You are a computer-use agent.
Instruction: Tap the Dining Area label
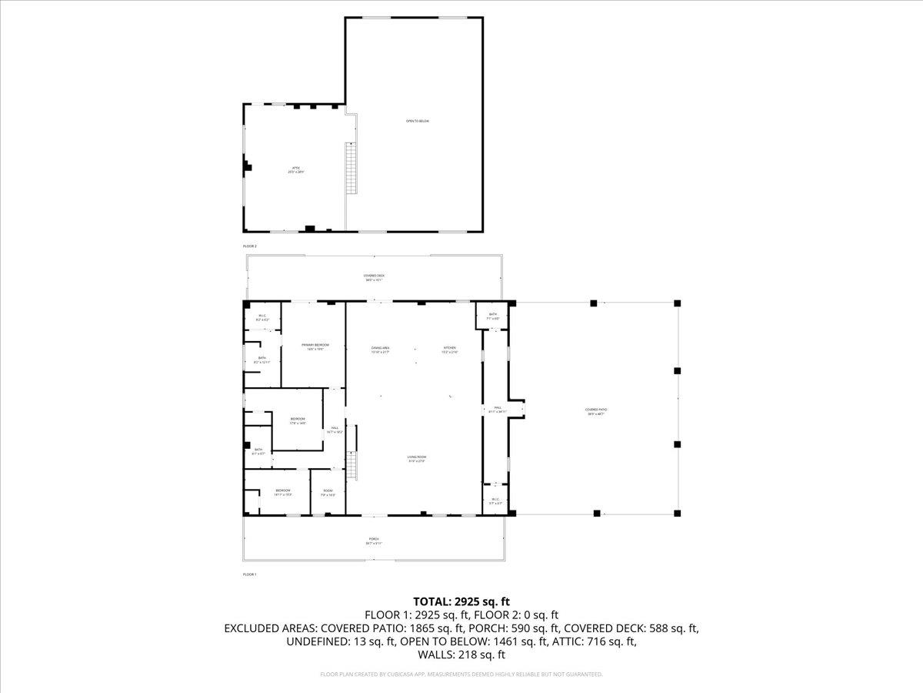(380, 350)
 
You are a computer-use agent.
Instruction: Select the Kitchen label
(449, 350)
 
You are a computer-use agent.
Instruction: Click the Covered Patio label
(595, 412)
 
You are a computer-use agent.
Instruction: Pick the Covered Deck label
(374, 277)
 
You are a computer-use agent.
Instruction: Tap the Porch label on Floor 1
(374, 541)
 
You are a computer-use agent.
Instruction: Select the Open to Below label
(418, 122)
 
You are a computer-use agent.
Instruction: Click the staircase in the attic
(352, 172)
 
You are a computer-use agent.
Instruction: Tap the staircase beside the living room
(353, 466)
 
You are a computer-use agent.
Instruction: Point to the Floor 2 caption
(249, 246)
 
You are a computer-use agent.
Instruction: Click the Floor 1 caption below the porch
(249, 574)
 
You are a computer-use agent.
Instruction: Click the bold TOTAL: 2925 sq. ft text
(461, 601)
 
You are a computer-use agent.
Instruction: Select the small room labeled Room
(328, 493)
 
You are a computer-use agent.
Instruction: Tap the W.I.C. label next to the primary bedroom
(262, 317)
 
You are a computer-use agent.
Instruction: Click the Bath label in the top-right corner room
(492, 316)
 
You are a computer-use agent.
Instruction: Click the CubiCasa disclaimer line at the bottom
(461, 675)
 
